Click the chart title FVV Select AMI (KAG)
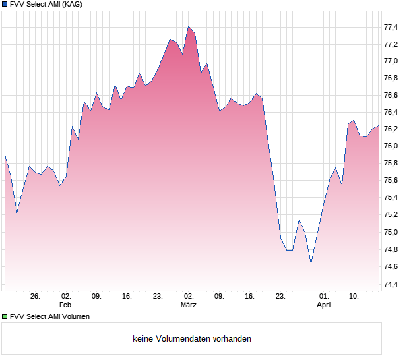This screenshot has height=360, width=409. point(46,4)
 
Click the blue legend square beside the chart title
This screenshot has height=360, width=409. point(5,4)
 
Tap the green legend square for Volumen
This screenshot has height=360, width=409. point(5,316)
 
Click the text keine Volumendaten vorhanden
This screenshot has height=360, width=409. point(192,339)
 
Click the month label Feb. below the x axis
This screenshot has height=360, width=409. point(65,305)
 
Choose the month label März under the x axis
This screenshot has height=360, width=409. point(189,305)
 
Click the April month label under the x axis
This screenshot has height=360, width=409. point(324,305)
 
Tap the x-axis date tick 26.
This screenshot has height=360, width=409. point(35,297)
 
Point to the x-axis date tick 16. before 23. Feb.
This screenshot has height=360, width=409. point(127,297)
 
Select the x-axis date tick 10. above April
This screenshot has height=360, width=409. point(354,297)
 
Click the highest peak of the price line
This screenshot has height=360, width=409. point(189,26)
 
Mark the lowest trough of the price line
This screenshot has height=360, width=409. point(311,264)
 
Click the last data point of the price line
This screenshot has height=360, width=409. point(378,125)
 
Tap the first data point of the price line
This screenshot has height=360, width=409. point(5,155)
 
